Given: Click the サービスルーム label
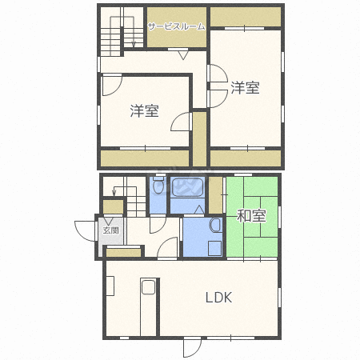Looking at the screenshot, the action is [177, 26].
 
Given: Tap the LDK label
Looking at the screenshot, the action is [218, 298].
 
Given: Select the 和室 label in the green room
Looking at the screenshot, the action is [251, 216].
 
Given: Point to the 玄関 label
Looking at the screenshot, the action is [111, 230].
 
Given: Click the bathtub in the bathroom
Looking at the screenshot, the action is [187, 187].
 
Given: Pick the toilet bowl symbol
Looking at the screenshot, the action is [158, 186].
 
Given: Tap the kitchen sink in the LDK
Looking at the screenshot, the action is [148, 287].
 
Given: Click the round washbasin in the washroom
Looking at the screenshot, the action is [215, 226].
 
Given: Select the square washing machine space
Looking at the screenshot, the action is [214, 248].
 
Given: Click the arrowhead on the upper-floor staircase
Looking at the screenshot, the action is [134, 45].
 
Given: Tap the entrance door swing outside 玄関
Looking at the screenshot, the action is [85, 231].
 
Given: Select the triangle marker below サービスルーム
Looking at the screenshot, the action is [183, 55].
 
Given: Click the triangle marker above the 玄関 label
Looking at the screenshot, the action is [109, 221].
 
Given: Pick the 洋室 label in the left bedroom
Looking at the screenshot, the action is [145, 111].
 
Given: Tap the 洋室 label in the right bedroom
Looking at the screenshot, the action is [246, 88].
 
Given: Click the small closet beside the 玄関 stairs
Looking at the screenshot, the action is [114, 206].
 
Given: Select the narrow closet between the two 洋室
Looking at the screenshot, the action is [199, 139].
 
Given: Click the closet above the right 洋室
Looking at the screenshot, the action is [246, 17].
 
